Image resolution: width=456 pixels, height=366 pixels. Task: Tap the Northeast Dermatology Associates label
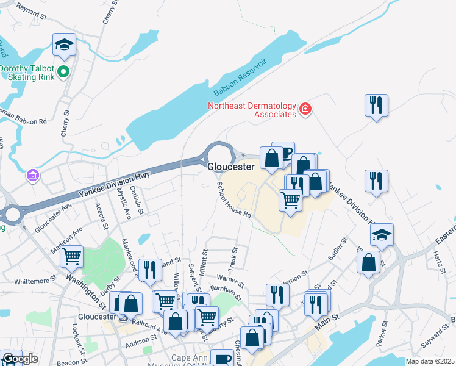coord(251,109)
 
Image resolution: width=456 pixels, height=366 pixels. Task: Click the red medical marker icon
coord(305,110)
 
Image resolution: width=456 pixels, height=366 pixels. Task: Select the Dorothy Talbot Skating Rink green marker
coord(64,73)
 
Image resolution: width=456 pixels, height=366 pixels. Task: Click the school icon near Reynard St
coord(63,45)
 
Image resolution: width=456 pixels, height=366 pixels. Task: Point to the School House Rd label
coord(234,200)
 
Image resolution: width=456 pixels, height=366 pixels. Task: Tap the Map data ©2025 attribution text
coord(430,361)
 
